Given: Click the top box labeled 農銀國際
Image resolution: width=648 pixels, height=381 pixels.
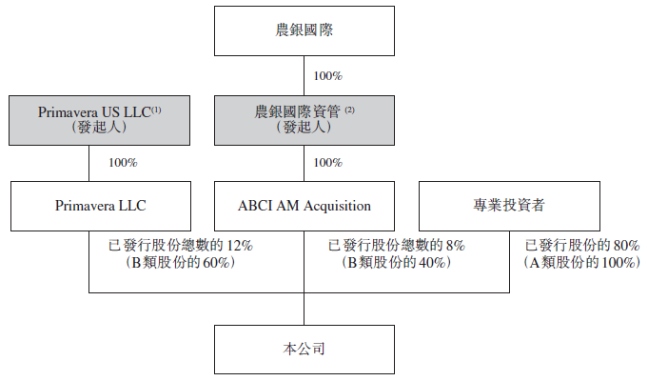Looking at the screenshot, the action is point(304,31).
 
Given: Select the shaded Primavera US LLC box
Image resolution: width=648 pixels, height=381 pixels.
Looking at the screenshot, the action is point(100,120).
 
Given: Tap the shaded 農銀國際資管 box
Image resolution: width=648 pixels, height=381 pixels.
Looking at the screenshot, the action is point(304,120).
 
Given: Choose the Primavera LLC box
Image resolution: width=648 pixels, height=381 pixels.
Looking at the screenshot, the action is point(101,206).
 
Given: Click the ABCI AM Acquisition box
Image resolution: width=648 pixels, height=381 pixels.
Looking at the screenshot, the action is point(304,206).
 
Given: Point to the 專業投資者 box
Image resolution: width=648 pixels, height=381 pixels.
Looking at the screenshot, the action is point(510,206).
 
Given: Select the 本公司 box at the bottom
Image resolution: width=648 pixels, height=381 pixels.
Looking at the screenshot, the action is point(304,350).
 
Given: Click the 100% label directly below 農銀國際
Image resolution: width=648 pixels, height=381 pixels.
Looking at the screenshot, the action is point(328,76).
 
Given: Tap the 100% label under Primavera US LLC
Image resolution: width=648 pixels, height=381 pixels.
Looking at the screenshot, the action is point(123,163).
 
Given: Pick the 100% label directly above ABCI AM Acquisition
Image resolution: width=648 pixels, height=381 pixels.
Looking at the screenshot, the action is point(328,163).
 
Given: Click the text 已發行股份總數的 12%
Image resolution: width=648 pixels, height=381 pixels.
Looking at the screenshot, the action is point(181,246).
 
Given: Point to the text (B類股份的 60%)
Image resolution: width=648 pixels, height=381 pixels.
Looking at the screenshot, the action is point(181,262).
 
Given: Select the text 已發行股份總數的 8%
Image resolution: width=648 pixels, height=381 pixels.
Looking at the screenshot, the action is point(397,246).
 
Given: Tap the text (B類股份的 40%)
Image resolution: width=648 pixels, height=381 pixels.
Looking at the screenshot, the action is point(397,262).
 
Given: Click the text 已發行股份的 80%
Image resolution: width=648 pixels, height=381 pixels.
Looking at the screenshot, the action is point(582,246).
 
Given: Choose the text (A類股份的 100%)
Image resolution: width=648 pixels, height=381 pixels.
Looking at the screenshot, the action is point(582,262).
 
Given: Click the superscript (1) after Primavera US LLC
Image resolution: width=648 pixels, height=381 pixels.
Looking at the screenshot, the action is point(156,110).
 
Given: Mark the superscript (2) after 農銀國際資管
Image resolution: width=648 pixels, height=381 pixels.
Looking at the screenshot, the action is point(349,110).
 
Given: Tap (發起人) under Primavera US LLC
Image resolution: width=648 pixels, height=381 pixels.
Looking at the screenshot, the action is point(99,127).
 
